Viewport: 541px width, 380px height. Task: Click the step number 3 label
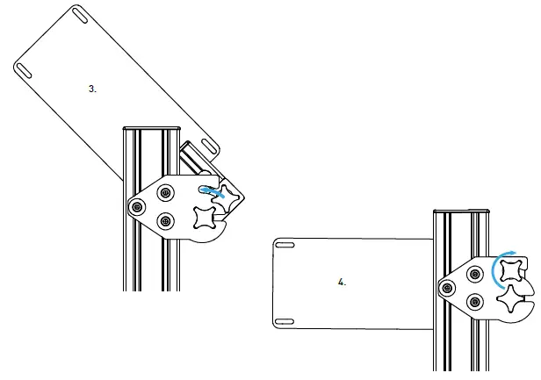click(x=93, y=90)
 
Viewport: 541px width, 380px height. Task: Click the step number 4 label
click(x=342, y=283)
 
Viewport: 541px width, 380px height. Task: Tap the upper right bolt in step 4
click(x=475, y=273)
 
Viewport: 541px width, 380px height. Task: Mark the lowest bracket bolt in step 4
click(x=475, y=303)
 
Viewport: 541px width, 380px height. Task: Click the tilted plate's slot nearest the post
click(x=209, y=144)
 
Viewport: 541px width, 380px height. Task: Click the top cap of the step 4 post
click(x=462, y=212)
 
